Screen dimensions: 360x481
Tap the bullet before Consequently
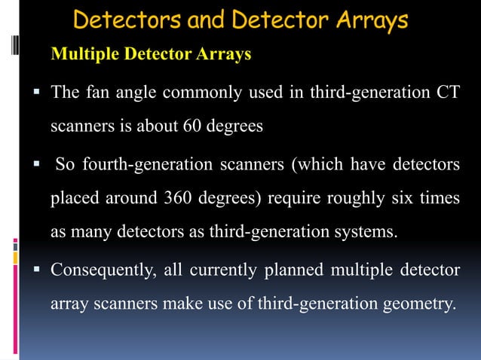pyautogui.click(x=36, y=270)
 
